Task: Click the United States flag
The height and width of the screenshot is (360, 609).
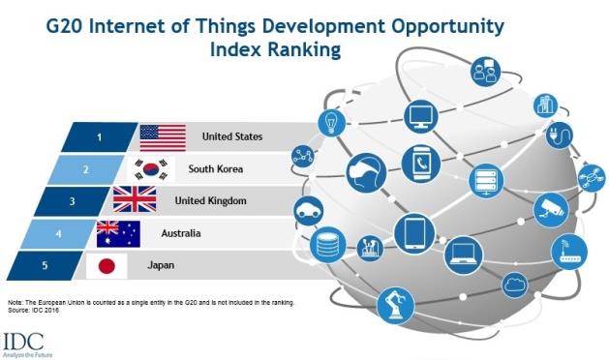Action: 163,137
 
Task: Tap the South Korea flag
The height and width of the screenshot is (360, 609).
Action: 151,169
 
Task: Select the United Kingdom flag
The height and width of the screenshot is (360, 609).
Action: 135,199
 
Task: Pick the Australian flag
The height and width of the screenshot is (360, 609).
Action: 118,234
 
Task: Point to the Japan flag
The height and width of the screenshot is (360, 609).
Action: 107,266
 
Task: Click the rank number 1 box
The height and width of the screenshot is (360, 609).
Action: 100,137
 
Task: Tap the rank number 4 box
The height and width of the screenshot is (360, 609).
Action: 58,234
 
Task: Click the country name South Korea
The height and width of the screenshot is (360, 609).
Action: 216,169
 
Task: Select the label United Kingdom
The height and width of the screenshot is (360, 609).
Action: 210,200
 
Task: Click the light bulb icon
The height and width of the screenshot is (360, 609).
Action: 332,123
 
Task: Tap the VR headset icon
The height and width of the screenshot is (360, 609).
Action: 366,173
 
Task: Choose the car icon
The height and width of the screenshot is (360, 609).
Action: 309,211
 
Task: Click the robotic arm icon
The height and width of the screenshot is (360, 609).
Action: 396,306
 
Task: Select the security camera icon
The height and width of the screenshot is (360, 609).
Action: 551,210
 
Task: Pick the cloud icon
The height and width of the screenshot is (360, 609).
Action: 515,285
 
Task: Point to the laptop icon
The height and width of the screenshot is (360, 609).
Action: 464,255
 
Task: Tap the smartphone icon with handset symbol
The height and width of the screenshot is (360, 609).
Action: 421,164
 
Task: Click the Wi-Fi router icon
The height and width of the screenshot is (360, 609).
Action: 569,252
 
